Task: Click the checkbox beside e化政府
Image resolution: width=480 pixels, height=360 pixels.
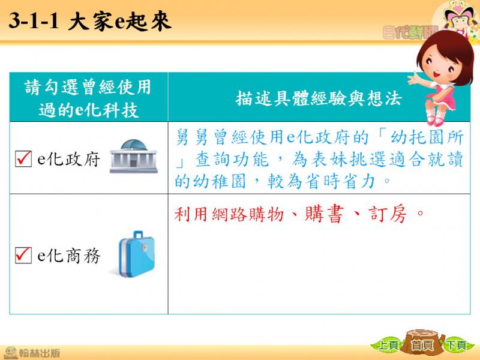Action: (23, 158)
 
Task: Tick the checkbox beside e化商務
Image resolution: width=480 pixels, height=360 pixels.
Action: (23, 255)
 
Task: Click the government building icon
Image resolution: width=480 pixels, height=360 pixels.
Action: (133, 156)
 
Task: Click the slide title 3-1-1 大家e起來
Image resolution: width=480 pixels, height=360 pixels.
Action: (89, 21)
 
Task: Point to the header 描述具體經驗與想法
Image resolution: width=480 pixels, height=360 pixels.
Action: (319, 98)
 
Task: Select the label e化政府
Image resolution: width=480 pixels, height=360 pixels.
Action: (68, 159)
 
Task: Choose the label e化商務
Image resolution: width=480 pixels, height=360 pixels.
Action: (68, 256)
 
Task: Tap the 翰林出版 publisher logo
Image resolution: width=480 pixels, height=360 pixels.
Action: (31, 353)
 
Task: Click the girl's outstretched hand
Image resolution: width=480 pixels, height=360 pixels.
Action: (415, 79)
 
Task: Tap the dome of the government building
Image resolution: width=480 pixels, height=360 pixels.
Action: (133, 145)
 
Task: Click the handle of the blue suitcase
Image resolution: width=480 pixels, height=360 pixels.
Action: (139, 235)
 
